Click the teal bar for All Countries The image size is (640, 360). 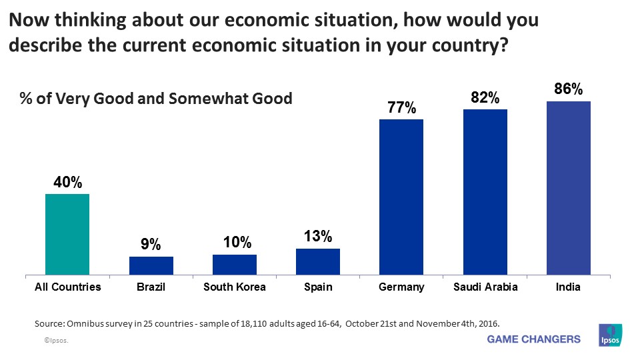click(67, 234)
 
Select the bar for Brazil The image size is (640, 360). click(151, 265)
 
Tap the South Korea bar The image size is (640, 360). click(235, 264)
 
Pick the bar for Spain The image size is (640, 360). click(318, 261)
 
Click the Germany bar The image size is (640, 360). click(401, 197)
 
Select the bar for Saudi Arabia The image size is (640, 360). click(485, 192)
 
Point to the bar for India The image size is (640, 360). click(569, 188)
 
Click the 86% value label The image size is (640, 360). click(569, 89)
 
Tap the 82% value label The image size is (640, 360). click(485, 97)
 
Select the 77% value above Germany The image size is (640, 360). click(401, 107)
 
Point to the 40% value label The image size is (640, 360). click(67, 182)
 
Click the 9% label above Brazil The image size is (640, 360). click(151, 245)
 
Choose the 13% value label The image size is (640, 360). click(318, 237)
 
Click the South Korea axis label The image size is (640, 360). click(235, 287)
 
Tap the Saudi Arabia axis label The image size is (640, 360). click(485, 287)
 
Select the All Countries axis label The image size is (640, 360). click(67, 287)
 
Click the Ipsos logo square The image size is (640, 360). click(611, 335)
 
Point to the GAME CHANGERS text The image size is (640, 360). click(534, 339)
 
